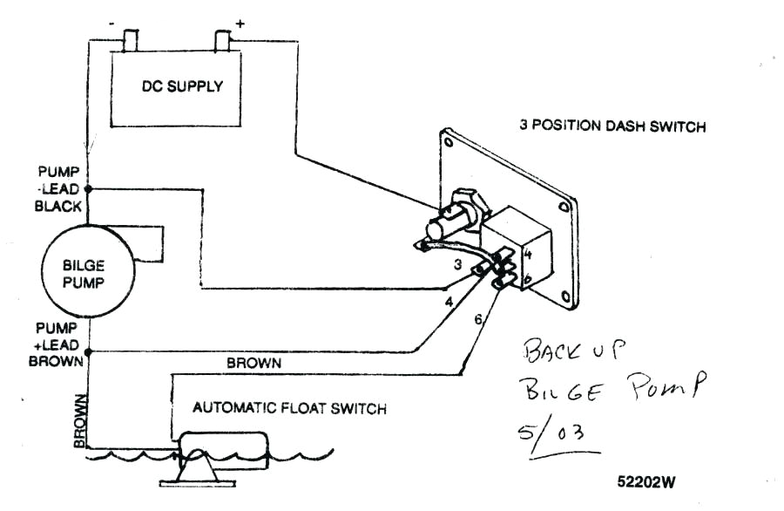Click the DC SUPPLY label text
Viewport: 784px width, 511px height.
(x=182, y=86)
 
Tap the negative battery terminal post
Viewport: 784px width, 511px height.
(x=132, y=39)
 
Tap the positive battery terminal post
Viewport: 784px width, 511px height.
(x=222, y=39)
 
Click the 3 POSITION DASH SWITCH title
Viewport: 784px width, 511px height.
(x=612, y=126)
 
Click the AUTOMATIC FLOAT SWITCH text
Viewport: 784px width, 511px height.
(x=289, y=407)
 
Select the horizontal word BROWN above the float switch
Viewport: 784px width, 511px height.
(x=253, y=363)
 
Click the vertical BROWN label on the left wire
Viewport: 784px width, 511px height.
(x=80, y=419)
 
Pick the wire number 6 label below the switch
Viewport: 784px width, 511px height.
(x=478, y=320)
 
